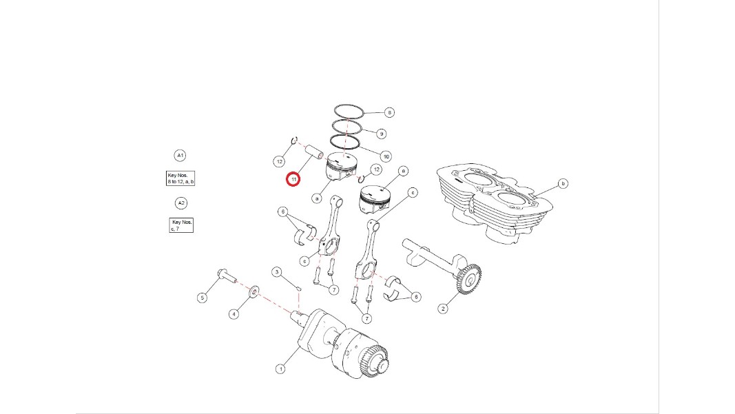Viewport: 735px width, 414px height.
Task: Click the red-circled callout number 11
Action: pyautogui.click(x=293, y=180)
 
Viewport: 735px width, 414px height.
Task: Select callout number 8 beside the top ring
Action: pyautogui.click(x=389, y=112)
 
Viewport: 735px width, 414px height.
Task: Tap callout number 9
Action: pyautogui.click(x=381, y=134)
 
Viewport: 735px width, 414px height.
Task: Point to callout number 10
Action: pyautogui.click(x=386, y=156)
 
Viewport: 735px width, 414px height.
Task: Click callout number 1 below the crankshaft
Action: pyautogui.click(x=280, y=369)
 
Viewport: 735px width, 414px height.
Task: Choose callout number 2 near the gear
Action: pyautogui.click(x=443, y=309)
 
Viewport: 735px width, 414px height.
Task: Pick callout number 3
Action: pyautogui.click(x=277, y=272)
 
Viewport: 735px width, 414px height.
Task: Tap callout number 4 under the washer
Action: pyautogui.click(x=234, y=314)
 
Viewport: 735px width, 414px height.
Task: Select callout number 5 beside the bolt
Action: pyautogui.click(x=202, y=298)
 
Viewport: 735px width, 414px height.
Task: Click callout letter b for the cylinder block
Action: pyautogui.click(x=563, y=183)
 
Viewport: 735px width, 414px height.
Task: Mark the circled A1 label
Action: pyautogui.click(x=180, y=155)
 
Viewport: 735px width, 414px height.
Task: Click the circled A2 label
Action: pyautogui.click(x=181, y=203)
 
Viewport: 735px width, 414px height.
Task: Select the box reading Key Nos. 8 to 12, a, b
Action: pyautogui.click(x=180, y=178)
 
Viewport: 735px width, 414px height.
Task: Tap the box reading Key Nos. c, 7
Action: pyautogui.click(x=181, y=225)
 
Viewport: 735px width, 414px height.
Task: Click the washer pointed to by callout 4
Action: pyautogui.click(x=254, y=291)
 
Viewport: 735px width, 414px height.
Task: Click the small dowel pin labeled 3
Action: pyautogui.click(x=298, y=287)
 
